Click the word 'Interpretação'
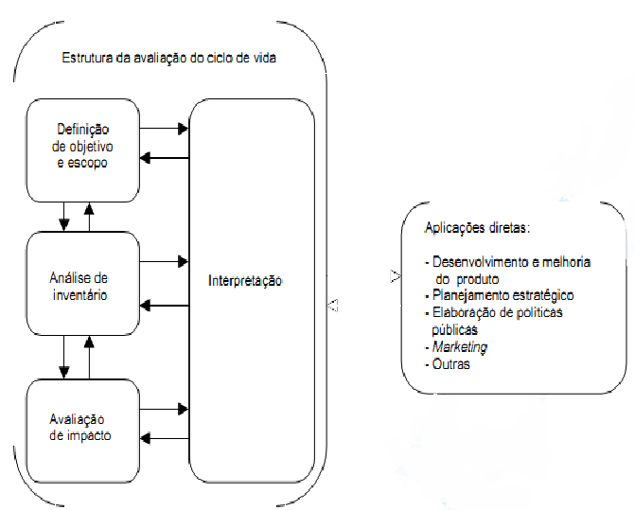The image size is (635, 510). [x=245, y=281]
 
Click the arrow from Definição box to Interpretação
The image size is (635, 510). [x=168, y=124]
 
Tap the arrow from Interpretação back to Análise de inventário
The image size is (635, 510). [x=168, y=303]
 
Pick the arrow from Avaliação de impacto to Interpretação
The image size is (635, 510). [x=168, y=409]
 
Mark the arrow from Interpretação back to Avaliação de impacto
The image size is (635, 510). [x=168, y=438]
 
